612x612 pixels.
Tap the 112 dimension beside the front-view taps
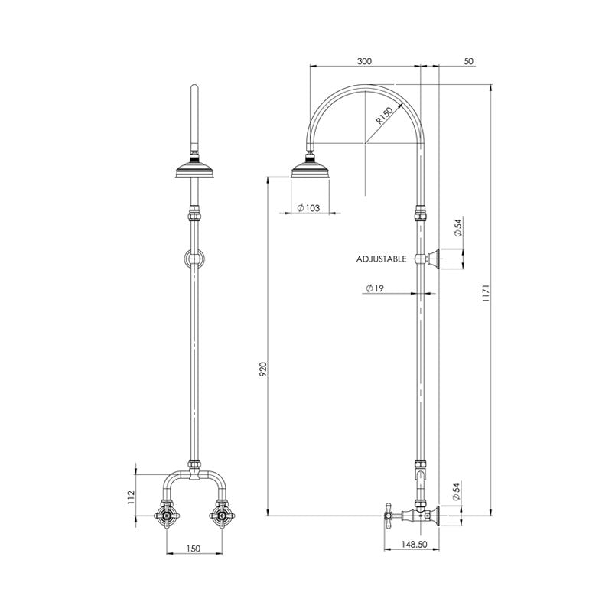click(132, 497)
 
